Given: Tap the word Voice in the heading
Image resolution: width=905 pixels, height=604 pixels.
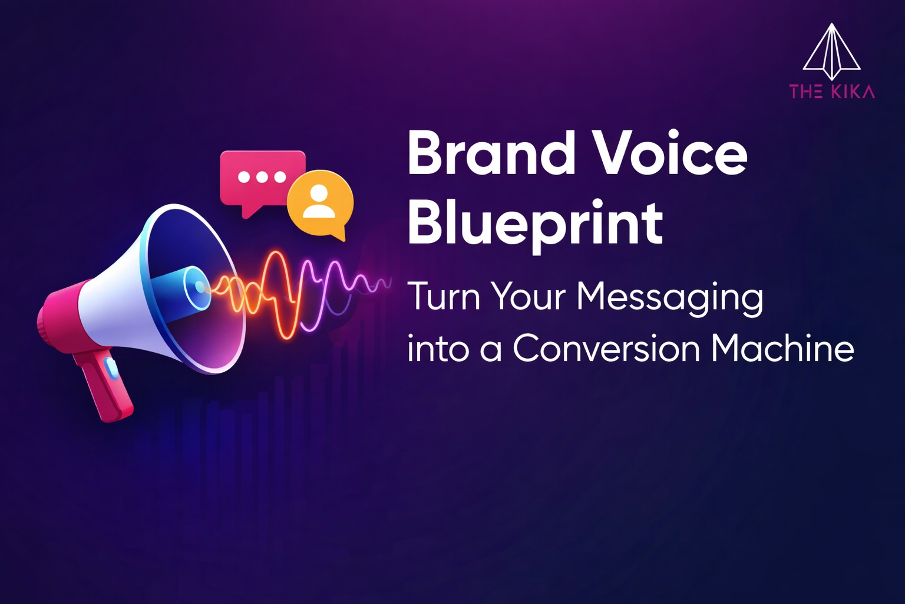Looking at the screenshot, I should (x=669, y=153).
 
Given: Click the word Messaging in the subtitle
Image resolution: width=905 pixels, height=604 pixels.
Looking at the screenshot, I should (x=669, y=297).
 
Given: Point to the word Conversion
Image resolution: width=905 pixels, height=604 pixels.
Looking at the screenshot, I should (x=606, y=349).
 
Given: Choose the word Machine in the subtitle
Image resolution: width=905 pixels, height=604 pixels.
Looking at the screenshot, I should (x=782, y=349).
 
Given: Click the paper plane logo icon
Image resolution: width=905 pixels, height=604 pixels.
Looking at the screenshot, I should (x=831, y=52).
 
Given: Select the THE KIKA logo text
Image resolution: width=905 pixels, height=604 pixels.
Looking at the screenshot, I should (x=832, y=91).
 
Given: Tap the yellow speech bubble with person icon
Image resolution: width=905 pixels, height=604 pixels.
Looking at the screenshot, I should (x=321, y=204).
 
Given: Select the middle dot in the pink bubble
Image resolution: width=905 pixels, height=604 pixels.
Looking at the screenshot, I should (x=262, y=177).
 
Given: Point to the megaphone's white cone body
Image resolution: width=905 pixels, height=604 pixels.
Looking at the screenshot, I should (x=112, y=295).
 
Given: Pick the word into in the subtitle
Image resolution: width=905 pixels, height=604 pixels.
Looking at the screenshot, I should (x=436, y=349).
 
